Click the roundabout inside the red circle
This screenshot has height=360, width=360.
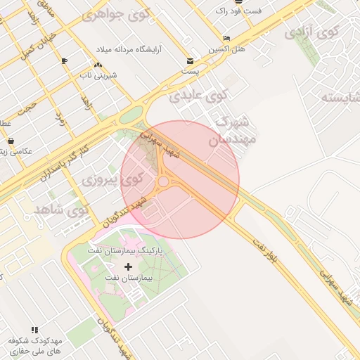point(163,182)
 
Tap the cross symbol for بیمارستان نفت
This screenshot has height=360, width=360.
point(128,266)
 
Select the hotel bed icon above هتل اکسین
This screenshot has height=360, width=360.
point(226,38)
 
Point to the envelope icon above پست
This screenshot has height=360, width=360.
point(191,60)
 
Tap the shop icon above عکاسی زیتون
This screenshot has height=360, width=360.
point(11,141)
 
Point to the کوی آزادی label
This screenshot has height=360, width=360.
point(311,32)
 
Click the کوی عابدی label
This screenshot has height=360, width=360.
point(200,95)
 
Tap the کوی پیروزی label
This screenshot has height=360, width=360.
point(112,179)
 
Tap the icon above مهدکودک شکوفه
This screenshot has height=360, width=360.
point(34,329)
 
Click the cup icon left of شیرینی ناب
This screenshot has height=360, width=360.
point(65,61)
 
